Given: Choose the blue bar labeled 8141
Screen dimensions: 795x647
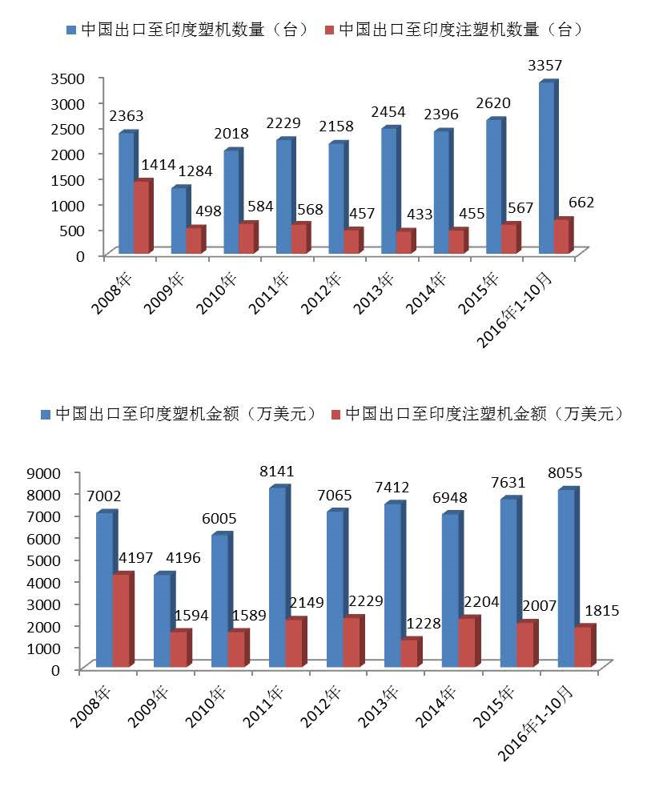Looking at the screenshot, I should tap(278, 577).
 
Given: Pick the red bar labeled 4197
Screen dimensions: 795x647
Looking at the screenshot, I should tap(121, 620).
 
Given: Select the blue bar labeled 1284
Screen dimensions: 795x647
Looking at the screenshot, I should tap(179, 222).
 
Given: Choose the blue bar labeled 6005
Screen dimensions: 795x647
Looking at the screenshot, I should tap(220, 600).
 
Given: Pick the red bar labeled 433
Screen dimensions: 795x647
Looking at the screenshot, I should tap(405, 243).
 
